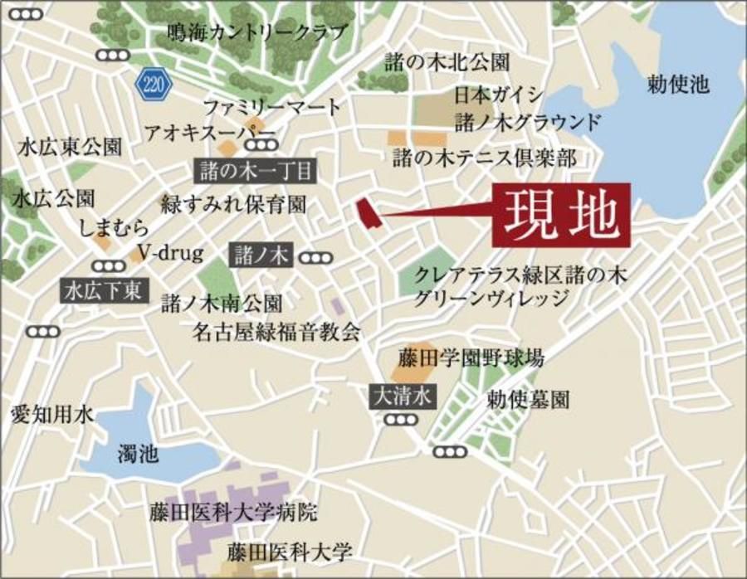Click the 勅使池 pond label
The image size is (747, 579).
(x=679, y=83)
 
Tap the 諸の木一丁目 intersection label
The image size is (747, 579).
(x=256, y=172)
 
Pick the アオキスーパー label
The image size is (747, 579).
(x=209, y=133)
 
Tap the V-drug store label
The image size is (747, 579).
(x=170, y=253)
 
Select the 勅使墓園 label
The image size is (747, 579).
(x=529, y=400)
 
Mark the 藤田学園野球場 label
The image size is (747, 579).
(x=471, y=360)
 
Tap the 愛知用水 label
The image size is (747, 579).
(x=53, y=413)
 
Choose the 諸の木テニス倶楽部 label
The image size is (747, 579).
(x=485, y=158)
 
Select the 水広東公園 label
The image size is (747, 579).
(x=70, y=148)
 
